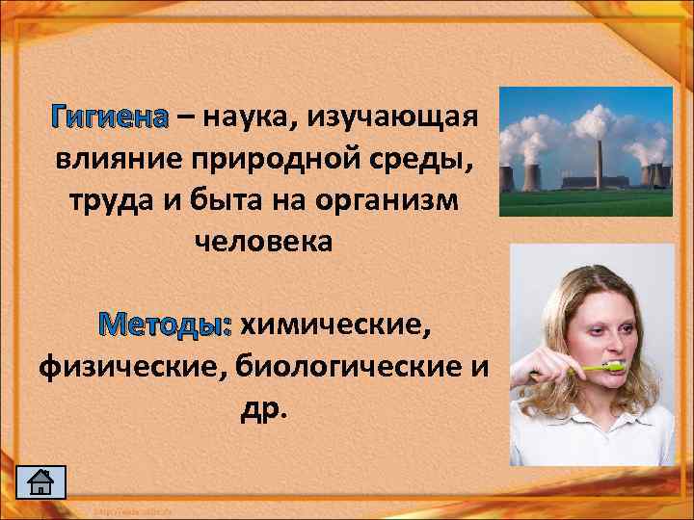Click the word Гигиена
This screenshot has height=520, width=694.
tap(113, 117)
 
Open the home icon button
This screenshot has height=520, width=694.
tap(42, 481)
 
